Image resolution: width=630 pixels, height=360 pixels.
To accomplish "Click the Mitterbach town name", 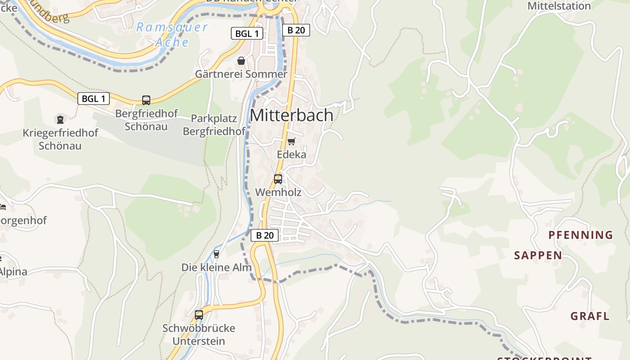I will click(x=291, y=115).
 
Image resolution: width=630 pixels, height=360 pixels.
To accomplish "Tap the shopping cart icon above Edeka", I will click(x=291, y=142).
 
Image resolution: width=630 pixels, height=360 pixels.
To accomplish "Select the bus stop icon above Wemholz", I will click(x=278, y=179).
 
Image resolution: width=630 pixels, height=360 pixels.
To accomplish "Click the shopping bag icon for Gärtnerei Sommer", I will click(x=241, y=61).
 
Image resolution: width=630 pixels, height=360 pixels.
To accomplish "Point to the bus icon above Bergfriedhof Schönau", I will click(x=146, y=100).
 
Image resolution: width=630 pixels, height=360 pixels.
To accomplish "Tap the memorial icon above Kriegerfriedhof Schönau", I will click(x=60, y=119).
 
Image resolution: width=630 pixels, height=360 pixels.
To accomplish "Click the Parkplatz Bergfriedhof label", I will click(x=214, y=125).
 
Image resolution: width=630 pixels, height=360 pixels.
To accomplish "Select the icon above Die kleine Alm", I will click(x=216, y=254).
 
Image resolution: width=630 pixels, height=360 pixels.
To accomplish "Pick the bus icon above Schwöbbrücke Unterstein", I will click(x=198, y=315).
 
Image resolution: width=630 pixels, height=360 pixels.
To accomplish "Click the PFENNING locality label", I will click(x=580, y=235).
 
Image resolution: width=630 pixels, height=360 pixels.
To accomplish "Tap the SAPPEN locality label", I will click(x=538, y=256).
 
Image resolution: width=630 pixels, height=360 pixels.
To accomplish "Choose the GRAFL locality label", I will click(x=590, y=316).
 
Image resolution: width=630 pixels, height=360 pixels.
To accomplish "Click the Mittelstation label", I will click(x=559, y=6).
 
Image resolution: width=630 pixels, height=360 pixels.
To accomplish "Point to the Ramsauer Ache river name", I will click(x=172, y=35).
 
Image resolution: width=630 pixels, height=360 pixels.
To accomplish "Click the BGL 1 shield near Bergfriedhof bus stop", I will click(x=94, y=99).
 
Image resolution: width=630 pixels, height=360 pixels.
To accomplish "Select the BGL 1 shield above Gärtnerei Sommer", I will click(x=247, y=33).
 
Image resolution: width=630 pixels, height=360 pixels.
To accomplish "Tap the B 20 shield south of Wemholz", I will click(x=265, y=235).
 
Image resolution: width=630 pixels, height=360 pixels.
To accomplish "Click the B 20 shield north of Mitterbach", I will click(x=296, y=30).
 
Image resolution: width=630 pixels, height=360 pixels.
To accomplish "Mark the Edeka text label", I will click(x=291, y=155).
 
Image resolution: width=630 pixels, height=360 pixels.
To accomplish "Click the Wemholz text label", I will click(x=278, y=192).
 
